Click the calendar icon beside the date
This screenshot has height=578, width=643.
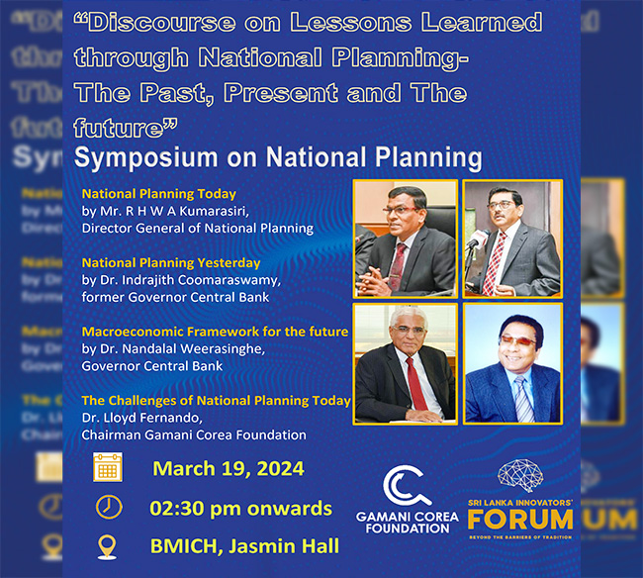[108, 467]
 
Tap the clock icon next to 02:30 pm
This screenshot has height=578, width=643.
[109, 508]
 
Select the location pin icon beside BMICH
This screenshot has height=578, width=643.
[107, 547]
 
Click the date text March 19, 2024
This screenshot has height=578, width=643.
[229, 468]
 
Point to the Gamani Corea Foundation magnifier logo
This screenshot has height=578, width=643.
[407, 487]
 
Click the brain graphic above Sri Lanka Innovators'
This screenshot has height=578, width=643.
[520, 475]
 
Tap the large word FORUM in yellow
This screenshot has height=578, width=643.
[520, 520]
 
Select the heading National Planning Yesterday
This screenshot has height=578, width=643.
[171, 263]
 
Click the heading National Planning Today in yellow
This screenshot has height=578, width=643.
[158, 194]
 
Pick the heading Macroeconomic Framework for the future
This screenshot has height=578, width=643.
[215, 332]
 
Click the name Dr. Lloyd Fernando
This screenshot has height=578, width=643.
[141, 418]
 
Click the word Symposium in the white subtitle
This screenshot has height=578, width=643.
[146, 157]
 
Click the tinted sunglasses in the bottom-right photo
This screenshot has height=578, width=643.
[517, 340]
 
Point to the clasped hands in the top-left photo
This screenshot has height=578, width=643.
[376, 279]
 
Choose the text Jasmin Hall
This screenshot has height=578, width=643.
[284, 546]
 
